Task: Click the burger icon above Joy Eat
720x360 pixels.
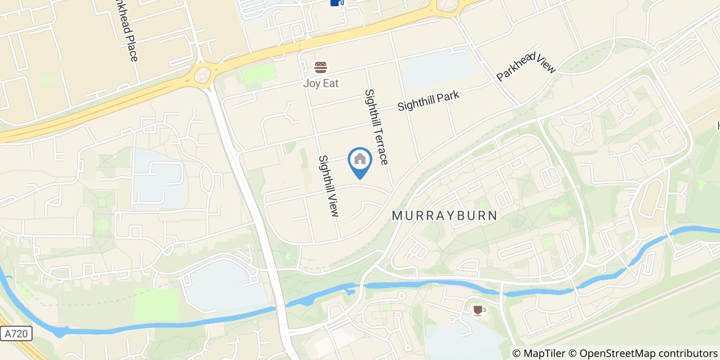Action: pos(321,67)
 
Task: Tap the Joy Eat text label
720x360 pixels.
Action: pos(321,83)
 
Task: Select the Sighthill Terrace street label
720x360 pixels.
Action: pos(376,127)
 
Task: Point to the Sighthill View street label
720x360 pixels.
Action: pos(329,186)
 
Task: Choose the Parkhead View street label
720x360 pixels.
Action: pos(526,66)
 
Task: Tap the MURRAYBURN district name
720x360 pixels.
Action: pos(445,215)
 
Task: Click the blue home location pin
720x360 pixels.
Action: pos(360,161)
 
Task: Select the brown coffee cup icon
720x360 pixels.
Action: pos(479,310)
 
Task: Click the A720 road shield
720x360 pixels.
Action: pos(16,334)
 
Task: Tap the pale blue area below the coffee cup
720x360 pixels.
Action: pos(463,339)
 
